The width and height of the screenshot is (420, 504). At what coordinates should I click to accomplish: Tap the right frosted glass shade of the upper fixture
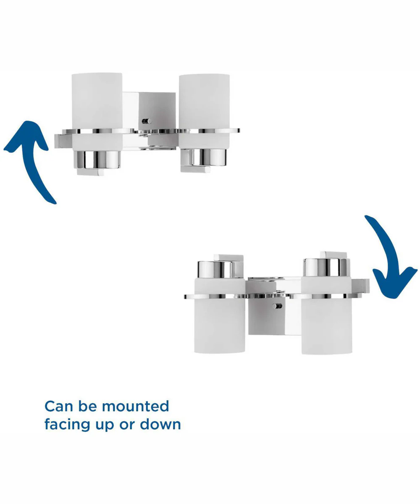coord(204,111)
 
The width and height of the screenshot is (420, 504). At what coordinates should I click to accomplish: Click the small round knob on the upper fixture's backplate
coord(147,121)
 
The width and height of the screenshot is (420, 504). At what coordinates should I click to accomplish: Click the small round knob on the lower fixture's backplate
coord(277,306)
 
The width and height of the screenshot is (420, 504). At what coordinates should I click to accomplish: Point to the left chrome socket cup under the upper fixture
coord(97,160)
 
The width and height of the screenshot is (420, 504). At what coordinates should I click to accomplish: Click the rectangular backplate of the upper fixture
coord(149,119)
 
